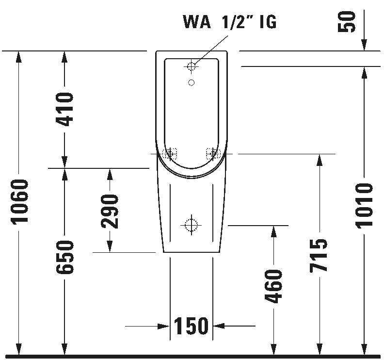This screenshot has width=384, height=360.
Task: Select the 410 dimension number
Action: [x=65, y=109]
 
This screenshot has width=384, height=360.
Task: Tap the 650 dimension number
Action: [x=65, y=257]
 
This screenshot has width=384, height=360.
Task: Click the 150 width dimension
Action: [x=191, y=327]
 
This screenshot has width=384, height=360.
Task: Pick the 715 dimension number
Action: [x=319, y=255]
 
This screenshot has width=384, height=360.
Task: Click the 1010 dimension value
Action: [x=364, y=205]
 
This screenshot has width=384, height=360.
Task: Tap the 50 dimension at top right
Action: [x=348, y=22]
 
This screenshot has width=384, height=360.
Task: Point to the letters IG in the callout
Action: [x=268, y=22]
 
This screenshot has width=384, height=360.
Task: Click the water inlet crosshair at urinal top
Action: [x=192, y=65]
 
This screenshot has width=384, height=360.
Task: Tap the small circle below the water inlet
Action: [x=192, y=82]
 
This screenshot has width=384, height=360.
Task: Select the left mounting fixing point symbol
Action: [x=169, y=154]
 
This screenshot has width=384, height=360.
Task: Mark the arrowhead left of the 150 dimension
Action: [x=165, y=327]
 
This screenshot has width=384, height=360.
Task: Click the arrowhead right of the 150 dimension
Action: [x=218, y=327]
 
